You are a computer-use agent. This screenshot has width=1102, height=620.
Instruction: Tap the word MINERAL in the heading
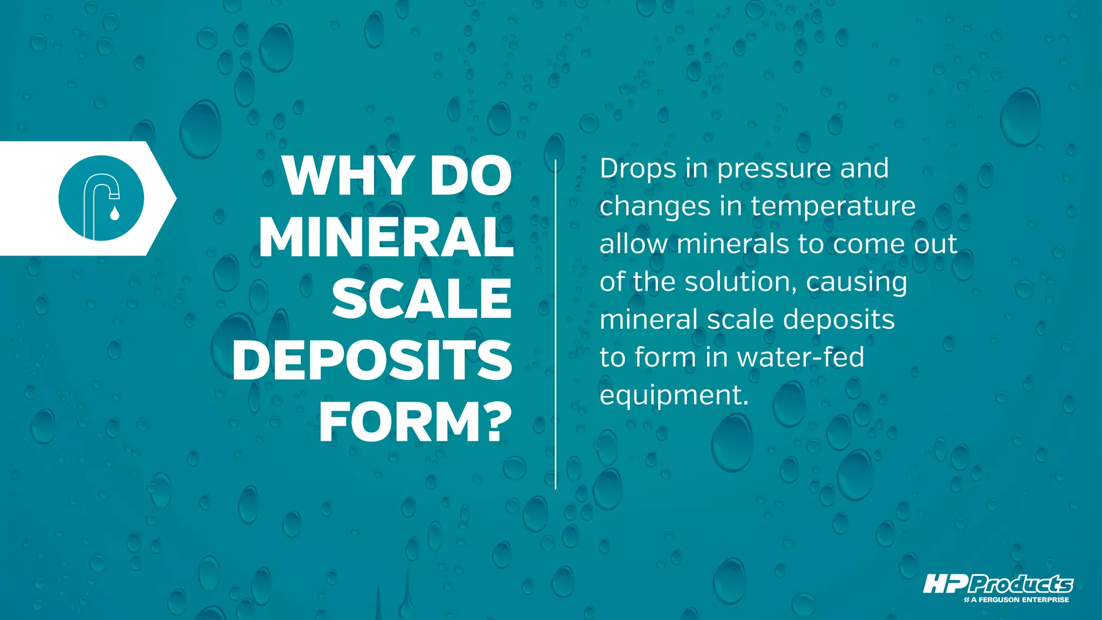tap(386, 238)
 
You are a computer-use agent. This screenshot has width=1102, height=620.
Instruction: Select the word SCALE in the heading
tap(421, 299)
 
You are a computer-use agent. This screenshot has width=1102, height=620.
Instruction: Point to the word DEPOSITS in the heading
tap(372, 361)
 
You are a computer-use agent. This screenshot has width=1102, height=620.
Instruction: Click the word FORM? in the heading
tap(415, 422)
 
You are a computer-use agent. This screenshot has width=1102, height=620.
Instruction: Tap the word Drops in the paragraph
tap(638, 170)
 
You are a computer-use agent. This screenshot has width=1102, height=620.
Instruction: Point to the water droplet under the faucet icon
tap(114, 214)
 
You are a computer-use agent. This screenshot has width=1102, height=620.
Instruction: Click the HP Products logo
tap(998, 584)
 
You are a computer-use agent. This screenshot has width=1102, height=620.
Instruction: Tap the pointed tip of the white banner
tap(173, 199)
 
